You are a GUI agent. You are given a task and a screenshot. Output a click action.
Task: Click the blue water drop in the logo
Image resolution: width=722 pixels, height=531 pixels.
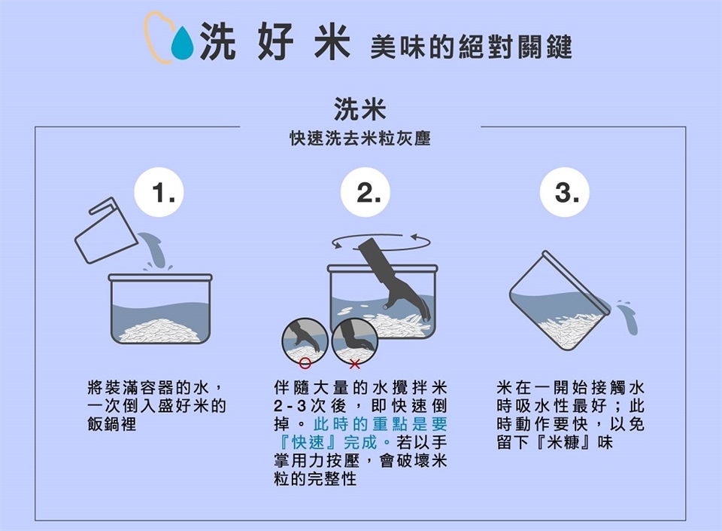point(182,44)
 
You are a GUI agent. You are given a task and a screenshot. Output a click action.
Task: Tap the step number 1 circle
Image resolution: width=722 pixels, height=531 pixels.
point(159,192)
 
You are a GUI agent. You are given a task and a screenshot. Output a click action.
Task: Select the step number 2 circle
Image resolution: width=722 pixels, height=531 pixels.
point(366,192)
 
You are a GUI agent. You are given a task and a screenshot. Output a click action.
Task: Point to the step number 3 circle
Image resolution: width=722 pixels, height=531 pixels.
point(565,192)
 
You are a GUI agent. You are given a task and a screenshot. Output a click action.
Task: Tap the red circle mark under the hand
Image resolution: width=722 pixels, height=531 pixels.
point(305,363)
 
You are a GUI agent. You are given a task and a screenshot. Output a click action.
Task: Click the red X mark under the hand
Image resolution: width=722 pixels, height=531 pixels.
point(354,364)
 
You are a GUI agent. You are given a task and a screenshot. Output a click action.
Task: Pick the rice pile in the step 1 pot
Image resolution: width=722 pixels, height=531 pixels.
point(159,331)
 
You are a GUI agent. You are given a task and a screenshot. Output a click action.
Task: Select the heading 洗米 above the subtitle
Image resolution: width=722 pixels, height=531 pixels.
point(360,109)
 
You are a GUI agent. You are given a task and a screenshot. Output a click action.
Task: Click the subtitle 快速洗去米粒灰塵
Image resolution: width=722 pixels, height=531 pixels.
point(360,139)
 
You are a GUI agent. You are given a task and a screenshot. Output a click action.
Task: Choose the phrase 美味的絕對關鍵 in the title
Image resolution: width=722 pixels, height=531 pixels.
point(471,47)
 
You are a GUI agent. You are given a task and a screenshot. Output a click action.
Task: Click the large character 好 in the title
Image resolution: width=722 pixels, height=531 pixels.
point(275,41)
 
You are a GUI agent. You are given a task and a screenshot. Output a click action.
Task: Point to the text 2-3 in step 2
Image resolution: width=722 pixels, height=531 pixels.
point(290,406)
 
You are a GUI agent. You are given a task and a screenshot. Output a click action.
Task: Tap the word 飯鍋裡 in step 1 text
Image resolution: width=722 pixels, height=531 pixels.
point(112,424)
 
